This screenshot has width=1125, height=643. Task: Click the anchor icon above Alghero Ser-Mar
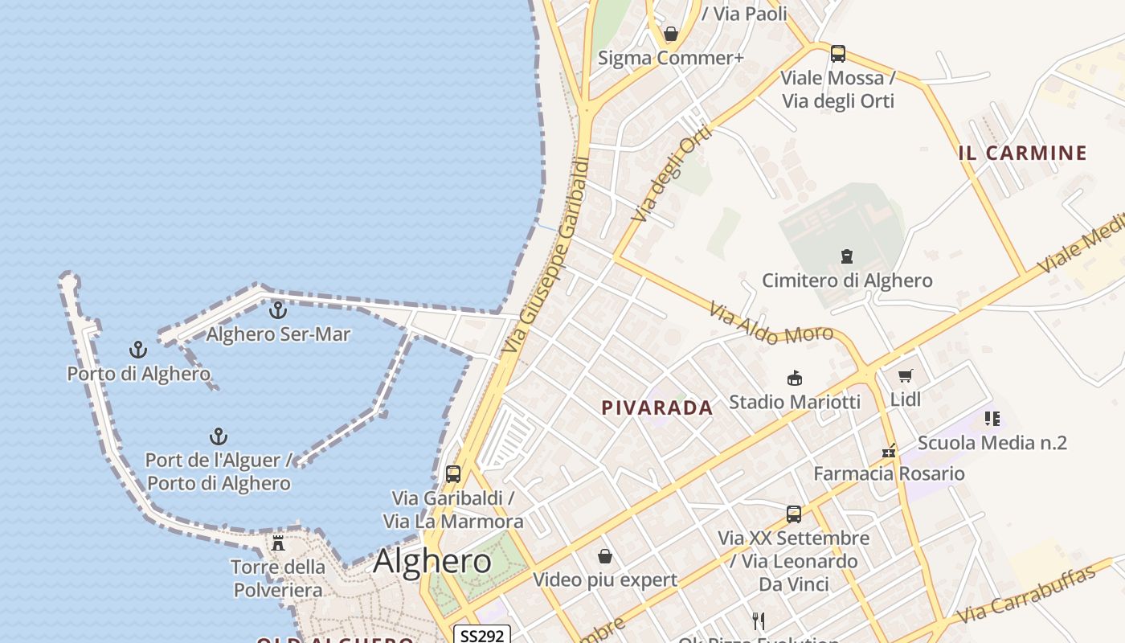[277, 309]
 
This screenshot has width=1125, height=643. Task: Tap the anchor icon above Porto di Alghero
[138, 350]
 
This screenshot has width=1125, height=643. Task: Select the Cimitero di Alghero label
[847, 281]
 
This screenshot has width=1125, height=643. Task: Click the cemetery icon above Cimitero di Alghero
[846, 256]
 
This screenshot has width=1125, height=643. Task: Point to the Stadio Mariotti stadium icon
[795, 378]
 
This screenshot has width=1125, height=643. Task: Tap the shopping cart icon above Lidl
[906, 375]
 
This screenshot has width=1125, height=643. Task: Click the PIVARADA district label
[657, 408]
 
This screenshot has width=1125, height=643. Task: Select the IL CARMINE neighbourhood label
[1022, 153]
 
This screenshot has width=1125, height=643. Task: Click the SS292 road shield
[482, 636]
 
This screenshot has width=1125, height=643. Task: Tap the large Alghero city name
[432, 560]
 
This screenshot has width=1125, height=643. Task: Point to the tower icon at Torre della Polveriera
[278, 543]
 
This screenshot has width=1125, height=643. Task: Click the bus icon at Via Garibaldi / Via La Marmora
[453, 474]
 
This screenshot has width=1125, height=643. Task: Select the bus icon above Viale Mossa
[838, 54]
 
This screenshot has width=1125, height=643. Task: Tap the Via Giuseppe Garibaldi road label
[547, 255]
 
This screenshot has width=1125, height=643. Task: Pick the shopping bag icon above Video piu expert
[605, 556]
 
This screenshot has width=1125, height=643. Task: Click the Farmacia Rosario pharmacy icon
[888, 450]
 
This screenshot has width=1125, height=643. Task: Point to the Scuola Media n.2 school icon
[992, 419]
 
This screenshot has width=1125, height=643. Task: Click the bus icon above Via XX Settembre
[794, 514]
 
